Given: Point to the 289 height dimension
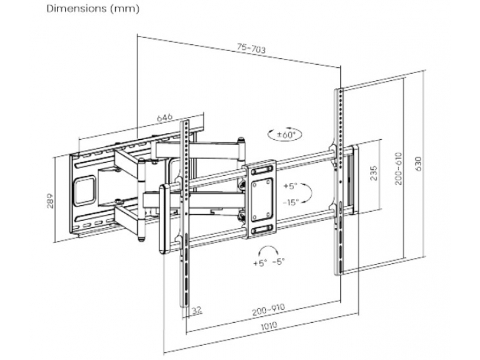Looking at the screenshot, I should [52, 201].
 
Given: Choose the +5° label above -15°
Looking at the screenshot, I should [291, 185].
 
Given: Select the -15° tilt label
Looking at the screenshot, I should [290, 202].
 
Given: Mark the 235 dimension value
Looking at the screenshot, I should [373, 174].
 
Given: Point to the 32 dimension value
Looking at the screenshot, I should [195, 310].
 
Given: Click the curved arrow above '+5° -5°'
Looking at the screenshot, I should [268, 249].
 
